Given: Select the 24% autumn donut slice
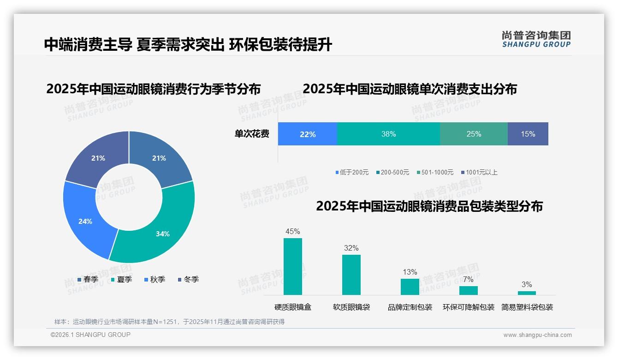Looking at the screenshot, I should [x=85, y=221].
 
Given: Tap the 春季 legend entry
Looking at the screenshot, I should [x=88, y=279].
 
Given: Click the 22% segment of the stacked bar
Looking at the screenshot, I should [x=308, y=134].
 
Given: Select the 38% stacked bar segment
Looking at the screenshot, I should [x=388, y=134].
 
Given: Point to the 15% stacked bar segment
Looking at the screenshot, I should [x=528, y=134].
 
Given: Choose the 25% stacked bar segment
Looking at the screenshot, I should [x=474, y=134].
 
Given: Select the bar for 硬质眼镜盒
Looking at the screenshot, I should [x=293, y=266].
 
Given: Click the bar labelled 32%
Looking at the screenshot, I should [x=351, y=275].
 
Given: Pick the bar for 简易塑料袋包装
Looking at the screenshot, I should [x=527, y=293].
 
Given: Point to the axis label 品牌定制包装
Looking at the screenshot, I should [x=410, y=307].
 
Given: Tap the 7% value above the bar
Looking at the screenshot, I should [x=468, y=279].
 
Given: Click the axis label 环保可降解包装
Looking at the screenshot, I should [x=469, y=307].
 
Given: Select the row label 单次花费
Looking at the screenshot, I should [x=252, y=134].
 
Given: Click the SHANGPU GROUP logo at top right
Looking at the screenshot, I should [x=536, y=39].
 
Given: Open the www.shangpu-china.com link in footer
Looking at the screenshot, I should [x=537, y=335].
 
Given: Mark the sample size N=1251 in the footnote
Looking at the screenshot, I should [x=164, y=322].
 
